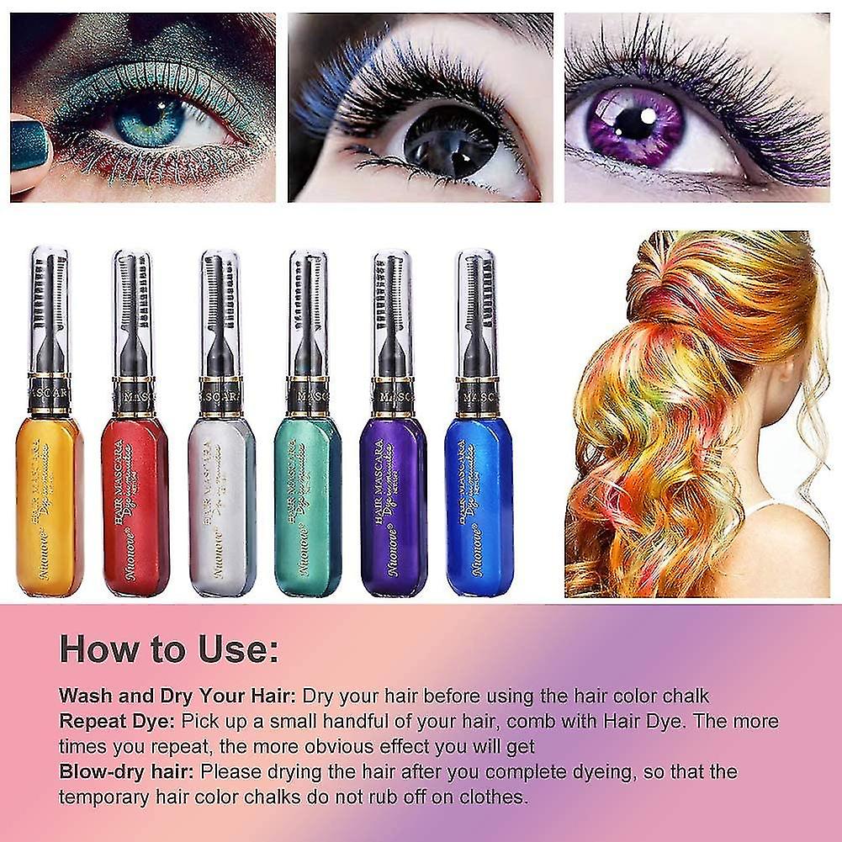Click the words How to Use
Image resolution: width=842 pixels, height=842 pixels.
[x=169, y=650]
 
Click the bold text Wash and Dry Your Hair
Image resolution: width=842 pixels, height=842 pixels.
[x=177, y=696]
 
